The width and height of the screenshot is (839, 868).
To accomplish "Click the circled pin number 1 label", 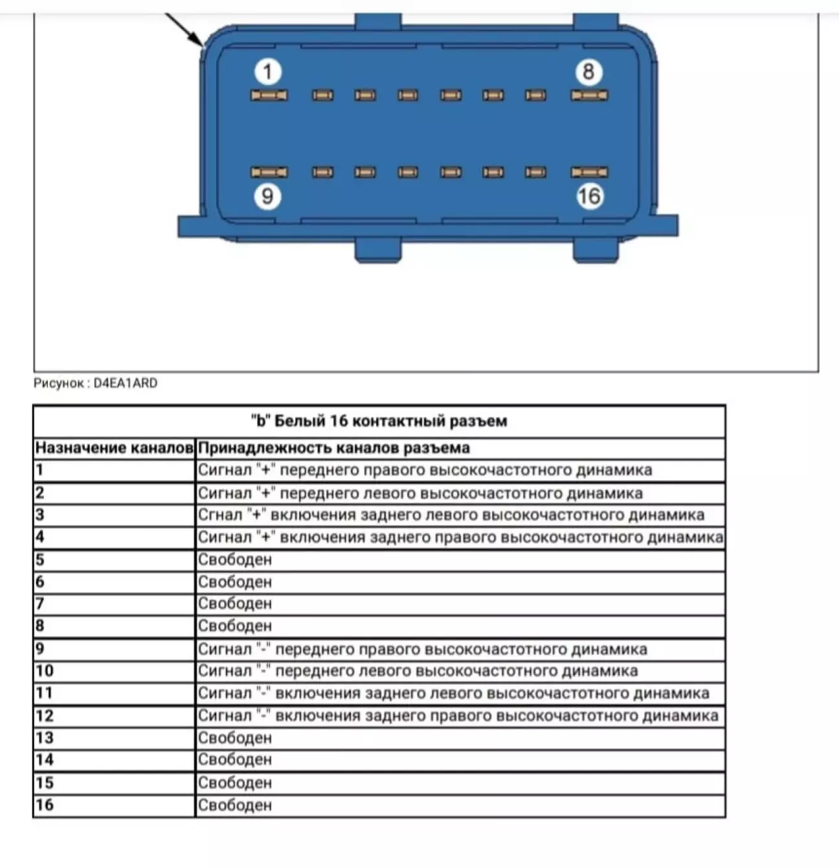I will coord(267,71).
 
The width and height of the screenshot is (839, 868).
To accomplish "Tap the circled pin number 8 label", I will coord(588,71).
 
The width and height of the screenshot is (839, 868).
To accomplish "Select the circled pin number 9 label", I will coord(267,195).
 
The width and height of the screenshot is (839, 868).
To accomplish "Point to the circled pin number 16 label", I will coord(589,195).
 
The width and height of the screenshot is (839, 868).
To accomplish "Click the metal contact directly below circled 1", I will coord(269,96).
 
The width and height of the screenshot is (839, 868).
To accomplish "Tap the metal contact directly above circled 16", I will coord(589,172).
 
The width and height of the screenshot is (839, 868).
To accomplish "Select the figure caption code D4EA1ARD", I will coord(126,383).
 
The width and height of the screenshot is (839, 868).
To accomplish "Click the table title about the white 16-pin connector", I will coord(379,421).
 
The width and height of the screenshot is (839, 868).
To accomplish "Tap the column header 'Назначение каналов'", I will coord(114,448).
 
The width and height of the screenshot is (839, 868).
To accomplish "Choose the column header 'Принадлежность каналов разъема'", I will coord(334,448).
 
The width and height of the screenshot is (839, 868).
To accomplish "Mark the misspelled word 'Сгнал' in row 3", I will coord(219,515).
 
